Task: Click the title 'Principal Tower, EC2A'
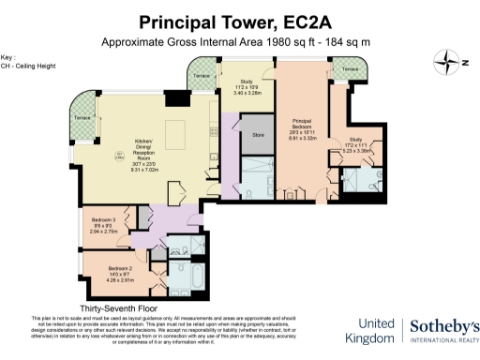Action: click(x=240, y=22)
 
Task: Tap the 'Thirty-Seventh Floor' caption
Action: click(x=118, y=307)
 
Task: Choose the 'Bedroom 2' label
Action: click(x=109, y=271)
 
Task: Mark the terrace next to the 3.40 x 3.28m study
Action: click(x=200, y=78)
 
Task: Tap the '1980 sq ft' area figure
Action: click(x=277, y=41)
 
